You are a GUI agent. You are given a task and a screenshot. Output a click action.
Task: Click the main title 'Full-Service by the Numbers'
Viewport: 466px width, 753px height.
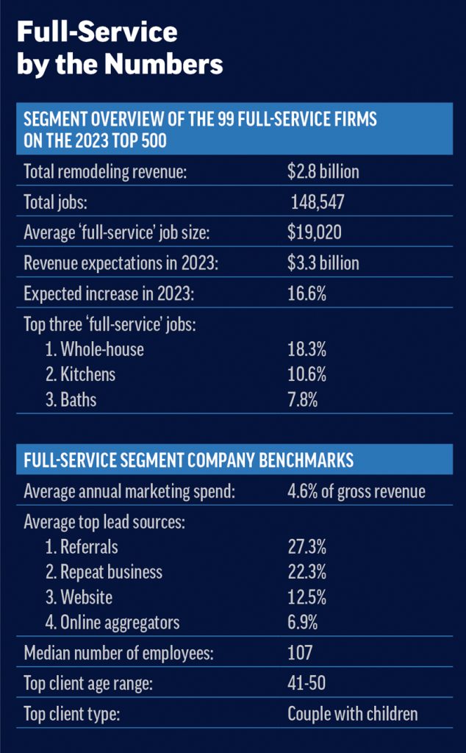click(120, 49)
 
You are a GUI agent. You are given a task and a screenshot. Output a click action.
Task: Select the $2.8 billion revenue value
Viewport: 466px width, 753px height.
click(323, 172)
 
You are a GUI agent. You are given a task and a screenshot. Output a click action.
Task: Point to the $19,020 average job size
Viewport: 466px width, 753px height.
click(315, 233)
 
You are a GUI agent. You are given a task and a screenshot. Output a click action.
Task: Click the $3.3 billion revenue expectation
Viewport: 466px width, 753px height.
click(323, 263)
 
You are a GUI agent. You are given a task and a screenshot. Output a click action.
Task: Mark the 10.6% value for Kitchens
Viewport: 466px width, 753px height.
click(307, 374)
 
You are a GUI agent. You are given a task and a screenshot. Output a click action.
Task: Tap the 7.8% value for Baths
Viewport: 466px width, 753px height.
click(304, 400)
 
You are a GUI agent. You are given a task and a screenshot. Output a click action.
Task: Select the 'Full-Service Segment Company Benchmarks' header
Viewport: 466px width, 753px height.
click(189, 460)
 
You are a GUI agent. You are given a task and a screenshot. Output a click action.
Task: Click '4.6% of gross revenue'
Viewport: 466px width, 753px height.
click(356, 491)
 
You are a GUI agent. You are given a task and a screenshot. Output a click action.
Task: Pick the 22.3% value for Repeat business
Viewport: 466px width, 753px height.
click(307, 572)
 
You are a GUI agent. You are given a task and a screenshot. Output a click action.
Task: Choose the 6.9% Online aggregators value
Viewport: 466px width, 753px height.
click(303, 622)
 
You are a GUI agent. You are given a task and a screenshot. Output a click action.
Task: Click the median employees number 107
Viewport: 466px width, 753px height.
click(300, 652)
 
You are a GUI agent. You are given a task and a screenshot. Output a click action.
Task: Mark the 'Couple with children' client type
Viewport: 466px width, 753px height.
click(352, 713)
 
